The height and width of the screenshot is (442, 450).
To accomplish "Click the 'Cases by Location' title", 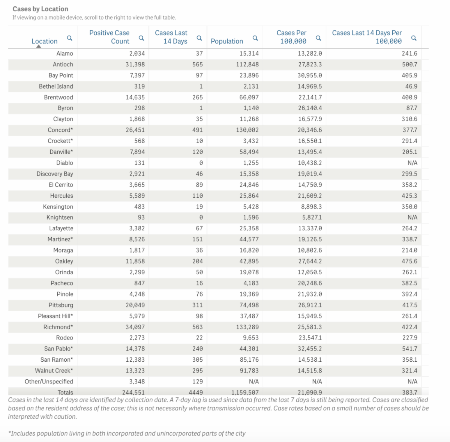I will pos(40,9).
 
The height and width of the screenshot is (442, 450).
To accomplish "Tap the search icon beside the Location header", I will pos(69,38).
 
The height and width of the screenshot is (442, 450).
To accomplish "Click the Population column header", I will pos(226,41).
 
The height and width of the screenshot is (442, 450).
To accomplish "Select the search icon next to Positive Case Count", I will pos(141,38).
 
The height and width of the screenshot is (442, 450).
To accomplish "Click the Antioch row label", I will pos(63,65).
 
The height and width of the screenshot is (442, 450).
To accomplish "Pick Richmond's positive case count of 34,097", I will pos(135,327).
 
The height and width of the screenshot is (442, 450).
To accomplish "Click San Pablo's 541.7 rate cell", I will pos(409,349).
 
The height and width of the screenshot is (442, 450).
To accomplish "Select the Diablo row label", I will pos(64,163).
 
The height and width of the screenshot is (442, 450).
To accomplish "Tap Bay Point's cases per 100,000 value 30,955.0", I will pos(310,75).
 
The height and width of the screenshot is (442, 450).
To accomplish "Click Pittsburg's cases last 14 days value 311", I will pos(197,305).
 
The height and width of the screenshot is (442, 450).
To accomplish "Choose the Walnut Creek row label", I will pos(54,371).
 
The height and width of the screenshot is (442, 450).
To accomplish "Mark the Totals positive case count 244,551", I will pos(133,392).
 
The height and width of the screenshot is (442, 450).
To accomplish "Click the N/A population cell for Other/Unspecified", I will pos(254,382).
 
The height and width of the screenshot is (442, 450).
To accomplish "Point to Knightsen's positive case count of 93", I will pos(141,218).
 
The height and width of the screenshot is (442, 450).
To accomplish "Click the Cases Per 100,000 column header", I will pos(291,37).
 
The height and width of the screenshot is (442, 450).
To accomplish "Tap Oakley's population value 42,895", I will pos(249,262).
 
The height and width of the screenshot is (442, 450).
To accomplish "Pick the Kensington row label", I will pos(58,207).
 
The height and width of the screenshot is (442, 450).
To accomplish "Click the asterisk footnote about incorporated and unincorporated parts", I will pos(127,433).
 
